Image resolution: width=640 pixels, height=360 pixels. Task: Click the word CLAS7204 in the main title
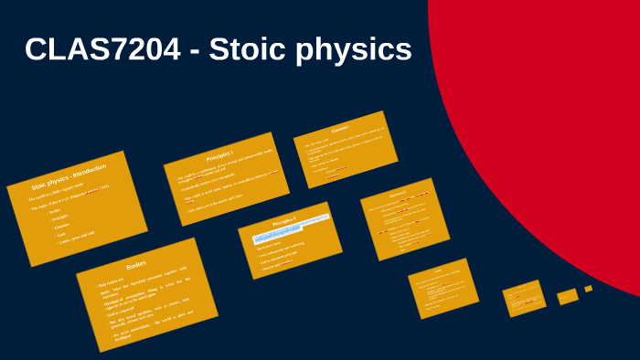pyautogui.click(x=103, y=50)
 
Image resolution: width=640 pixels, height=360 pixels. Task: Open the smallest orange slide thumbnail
pyautogui.click(x=589, y=289)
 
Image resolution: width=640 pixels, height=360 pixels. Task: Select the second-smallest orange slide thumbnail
pyautogui.click(x=567, y=295)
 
